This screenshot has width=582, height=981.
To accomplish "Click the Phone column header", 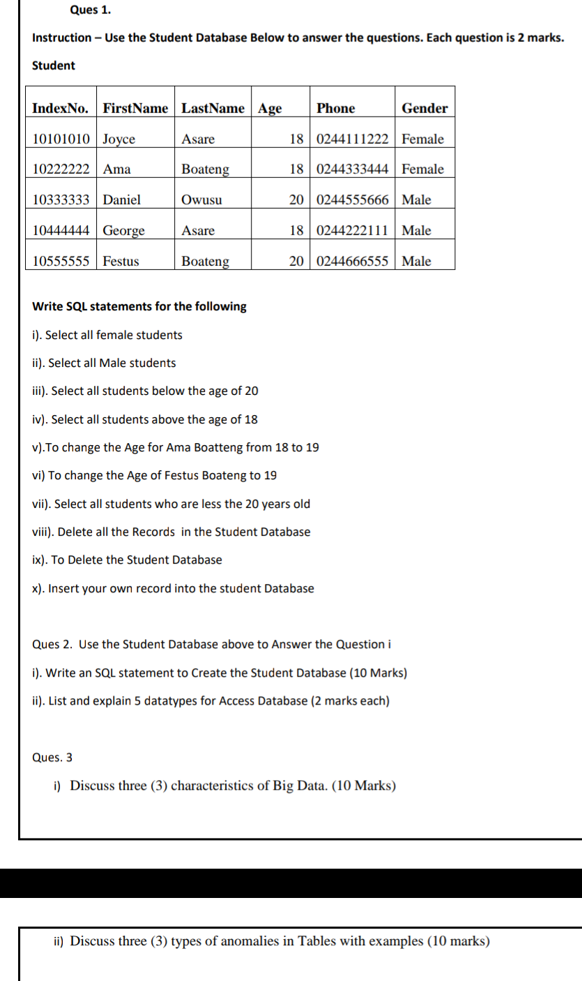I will click(x=335, y=108).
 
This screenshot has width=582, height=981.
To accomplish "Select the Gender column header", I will click(x=424, y=108).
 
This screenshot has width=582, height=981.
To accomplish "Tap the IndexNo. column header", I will click(x=61, y=108).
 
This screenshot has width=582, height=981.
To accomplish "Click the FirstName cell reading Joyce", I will click(x=119, y=139).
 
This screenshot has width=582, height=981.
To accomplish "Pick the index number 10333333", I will click(x=61, y=200).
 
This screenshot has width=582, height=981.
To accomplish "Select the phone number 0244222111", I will click(x=352, y=230).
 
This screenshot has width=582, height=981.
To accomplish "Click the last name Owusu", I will click(x=201, y=200).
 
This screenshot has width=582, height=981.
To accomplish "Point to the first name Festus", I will click(x=121, y=262).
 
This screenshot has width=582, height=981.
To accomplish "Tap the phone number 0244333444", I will click(x=352, y=169).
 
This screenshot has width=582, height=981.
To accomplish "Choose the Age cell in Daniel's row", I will click(x=296, y=200).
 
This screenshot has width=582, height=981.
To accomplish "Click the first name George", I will click(x=124, y=230).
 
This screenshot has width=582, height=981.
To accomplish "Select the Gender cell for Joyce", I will click(x=422, y=139).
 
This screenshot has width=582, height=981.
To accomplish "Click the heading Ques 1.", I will click(x=91, y=10).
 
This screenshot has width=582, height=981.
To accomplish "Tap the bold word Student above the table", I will click(x=54, y=66).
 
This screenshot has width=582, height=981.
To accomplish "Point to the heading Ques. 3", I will click(x=52, y=757).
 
